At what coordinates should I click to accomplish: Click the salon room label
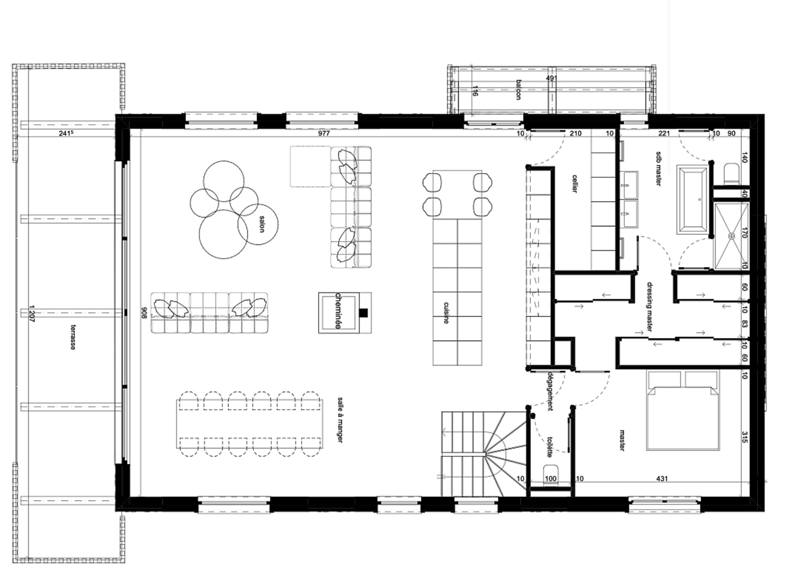262,224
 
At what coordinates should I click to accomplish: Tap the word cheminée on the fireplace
338,311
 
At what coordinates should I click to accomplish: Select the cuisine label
446,313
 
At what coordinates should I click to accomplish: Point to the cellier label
574,183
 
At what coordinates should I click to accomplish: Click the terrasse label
73,337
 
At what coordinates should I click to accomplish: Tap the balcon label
519,90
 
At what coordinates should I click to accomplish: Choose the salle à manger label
340,420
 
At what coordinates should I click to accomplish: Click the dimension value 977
323,134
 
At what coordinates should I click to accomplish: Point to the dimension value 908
144,313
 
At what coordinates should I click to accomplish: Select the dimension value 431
662,478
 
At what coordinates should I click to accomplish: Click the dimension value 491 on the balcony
551,78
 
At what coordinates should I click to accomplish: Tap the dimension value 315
744,437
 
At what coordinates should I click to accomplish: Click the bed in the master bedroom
683,410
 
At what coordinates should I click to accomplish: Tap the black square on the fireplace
363,313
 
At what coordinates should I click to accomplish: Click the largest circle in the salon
223,234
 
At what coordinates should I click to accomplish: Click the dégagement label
550,391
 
